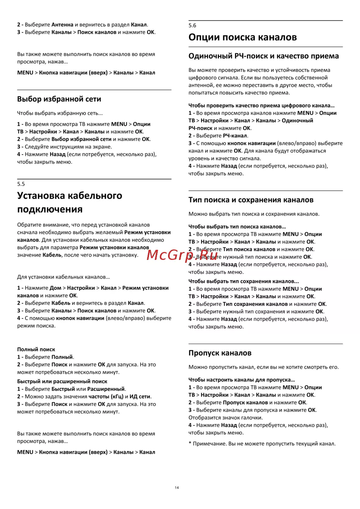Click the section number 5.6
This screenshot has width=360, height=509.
(192, 26)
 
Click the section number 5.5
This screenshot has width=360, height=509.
(21, 184)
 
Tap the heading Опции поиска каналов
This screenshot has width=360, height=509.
(243, 37)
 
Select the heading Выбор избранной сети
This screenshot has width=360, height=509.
(59, 99)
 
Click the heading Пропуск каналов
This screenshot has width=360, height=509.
(220, 353)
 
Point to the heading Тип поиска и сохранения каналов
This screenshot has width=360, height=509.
(251, 200)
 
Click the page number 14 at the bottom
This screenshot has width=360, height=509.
(177, 488)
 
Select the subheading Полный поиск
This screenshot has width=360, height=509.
(36, 350)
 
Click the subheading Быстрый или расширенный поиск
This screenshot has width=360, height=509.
(62, 382)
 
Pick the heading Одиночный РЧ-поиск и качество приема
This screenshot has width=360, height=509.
(264, 56)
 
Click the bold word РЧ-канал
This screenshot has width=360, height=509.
(235, 136)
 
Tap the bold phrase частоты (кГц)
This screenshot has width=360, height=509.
(106, 397)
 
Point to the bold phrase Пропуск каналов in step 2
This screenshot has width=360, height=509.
(245, 402)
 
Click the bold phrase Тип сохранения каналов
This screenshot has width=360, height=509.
(255, 304)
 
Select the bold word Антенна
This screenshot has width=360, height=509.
(62, 25)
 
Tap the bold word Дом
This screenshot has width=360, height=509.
(55, 288)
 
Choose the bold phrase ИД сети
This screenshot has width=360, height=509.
(140, 397)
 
